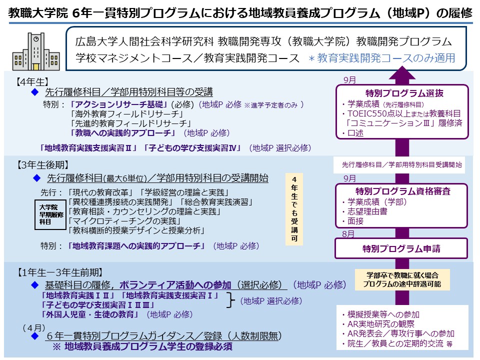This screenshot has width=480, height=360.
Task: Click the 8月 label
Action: click(349, 233)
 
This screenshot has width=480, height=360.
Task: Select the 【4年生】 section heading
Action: click(31, 80)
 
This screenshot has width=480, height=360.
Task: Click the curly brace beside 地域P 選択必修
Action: click(231, 300)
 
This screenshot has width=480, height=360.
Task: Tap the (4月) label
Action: click(33, 327)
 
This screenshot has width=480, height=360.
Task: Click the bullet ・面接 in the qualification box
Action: click(353, 220)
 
